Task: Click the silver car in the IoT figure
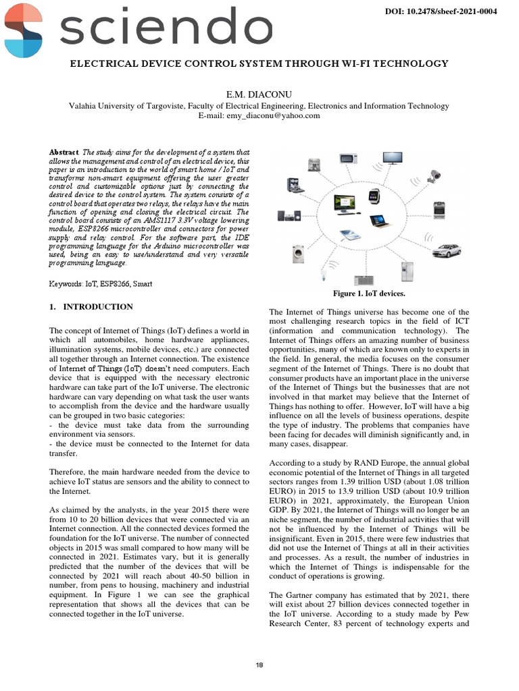coord(445,251)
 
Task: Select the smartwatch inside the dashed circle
coord(373,196)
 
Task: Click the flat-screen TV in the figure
coord(393,158)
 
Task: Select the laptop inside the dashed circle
coord(377,220)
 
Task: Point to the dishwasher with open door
coord(293,185)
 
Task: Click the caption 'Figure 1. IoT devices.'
coord(368,294)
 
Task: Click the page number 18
coord(259,665)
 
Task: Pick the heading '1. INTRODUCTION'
coord(91,307)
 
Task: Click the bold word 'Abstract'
coord(64,153)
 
